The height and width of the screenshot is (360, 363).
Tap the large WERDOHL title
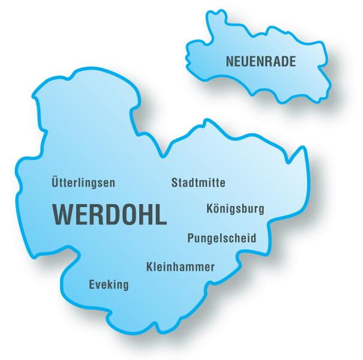[x=110, y=214]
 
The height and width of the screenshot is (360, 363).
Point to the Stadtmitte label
[x=198, y=182]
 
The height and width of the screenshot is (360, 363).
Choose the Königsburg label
[x=235, y=209]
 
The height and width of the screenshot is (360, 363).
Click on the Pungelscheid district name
[x=221, y=238]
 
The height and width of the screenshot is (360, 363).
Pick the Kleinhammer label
[x=180, y=266]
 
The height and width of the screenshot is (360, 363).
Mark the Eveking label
[x=109, y=285]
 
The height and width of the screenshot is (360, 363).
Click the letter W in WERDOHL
[x=64, y=214]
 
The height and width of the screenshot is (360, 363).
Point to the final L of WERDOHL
[x=161, y=214]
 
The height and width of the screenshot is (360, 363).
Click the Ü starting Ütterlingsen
[x=56, y=182]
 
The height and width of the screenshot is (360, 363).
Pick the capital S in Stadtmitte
[x=175, y=182]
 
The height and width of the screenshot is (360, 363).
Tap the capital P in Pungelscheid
[x=191, y=238]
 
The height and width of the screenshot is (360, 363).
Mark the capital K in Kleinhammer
[x=149, y=266]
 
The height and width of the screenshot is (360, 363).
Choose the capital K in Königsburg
[x=209, y=209]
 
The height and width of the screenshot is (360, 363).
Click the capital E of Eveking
[x=92, y=284]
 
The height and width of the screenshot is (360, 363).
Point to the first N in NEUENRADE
[x=229, y=61]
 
